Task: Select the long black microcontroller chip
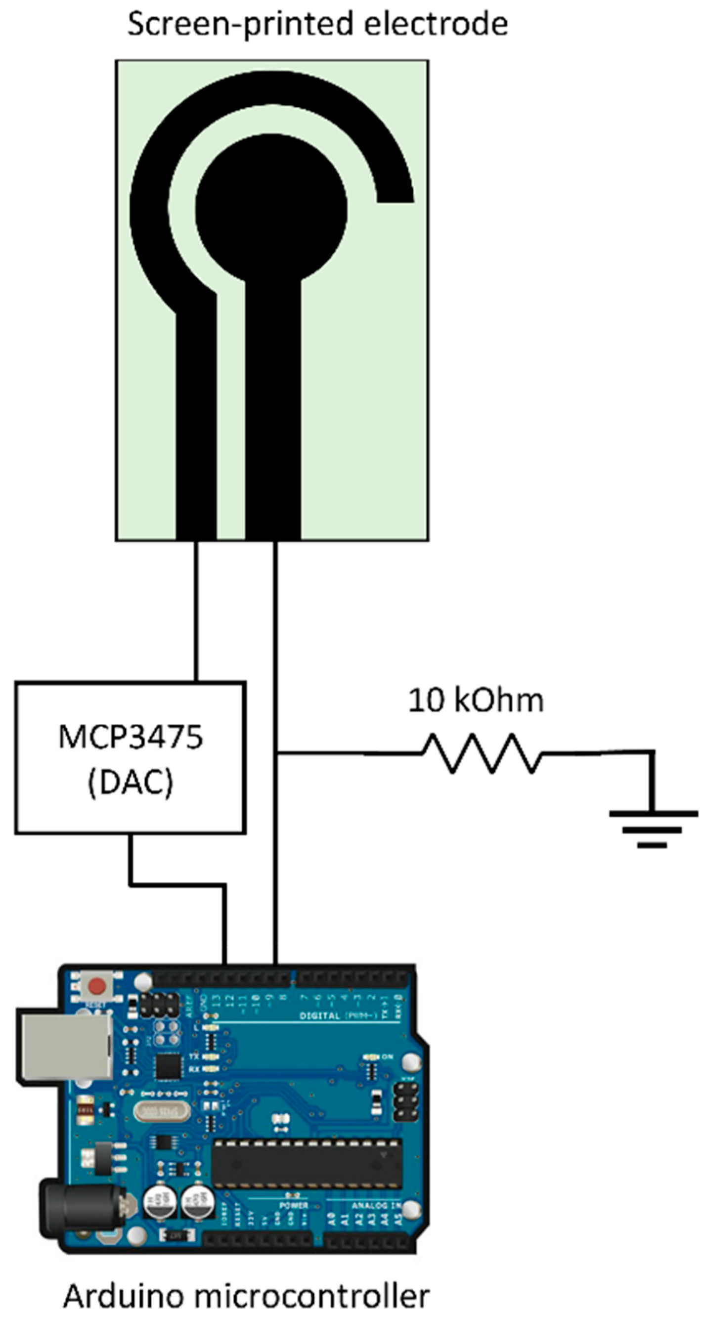[307, 1156]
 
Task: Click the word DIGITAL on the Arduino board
[320, 1015]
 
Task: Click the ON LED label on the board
[388, 1056]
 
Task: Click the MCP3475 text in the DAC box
[131, 737]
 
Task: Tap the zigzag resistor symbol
[482, 753]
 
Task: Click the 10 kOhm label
[476, 701]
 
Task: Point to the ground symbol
[653, 828]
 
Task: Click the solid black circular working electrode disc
[271, 210]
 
